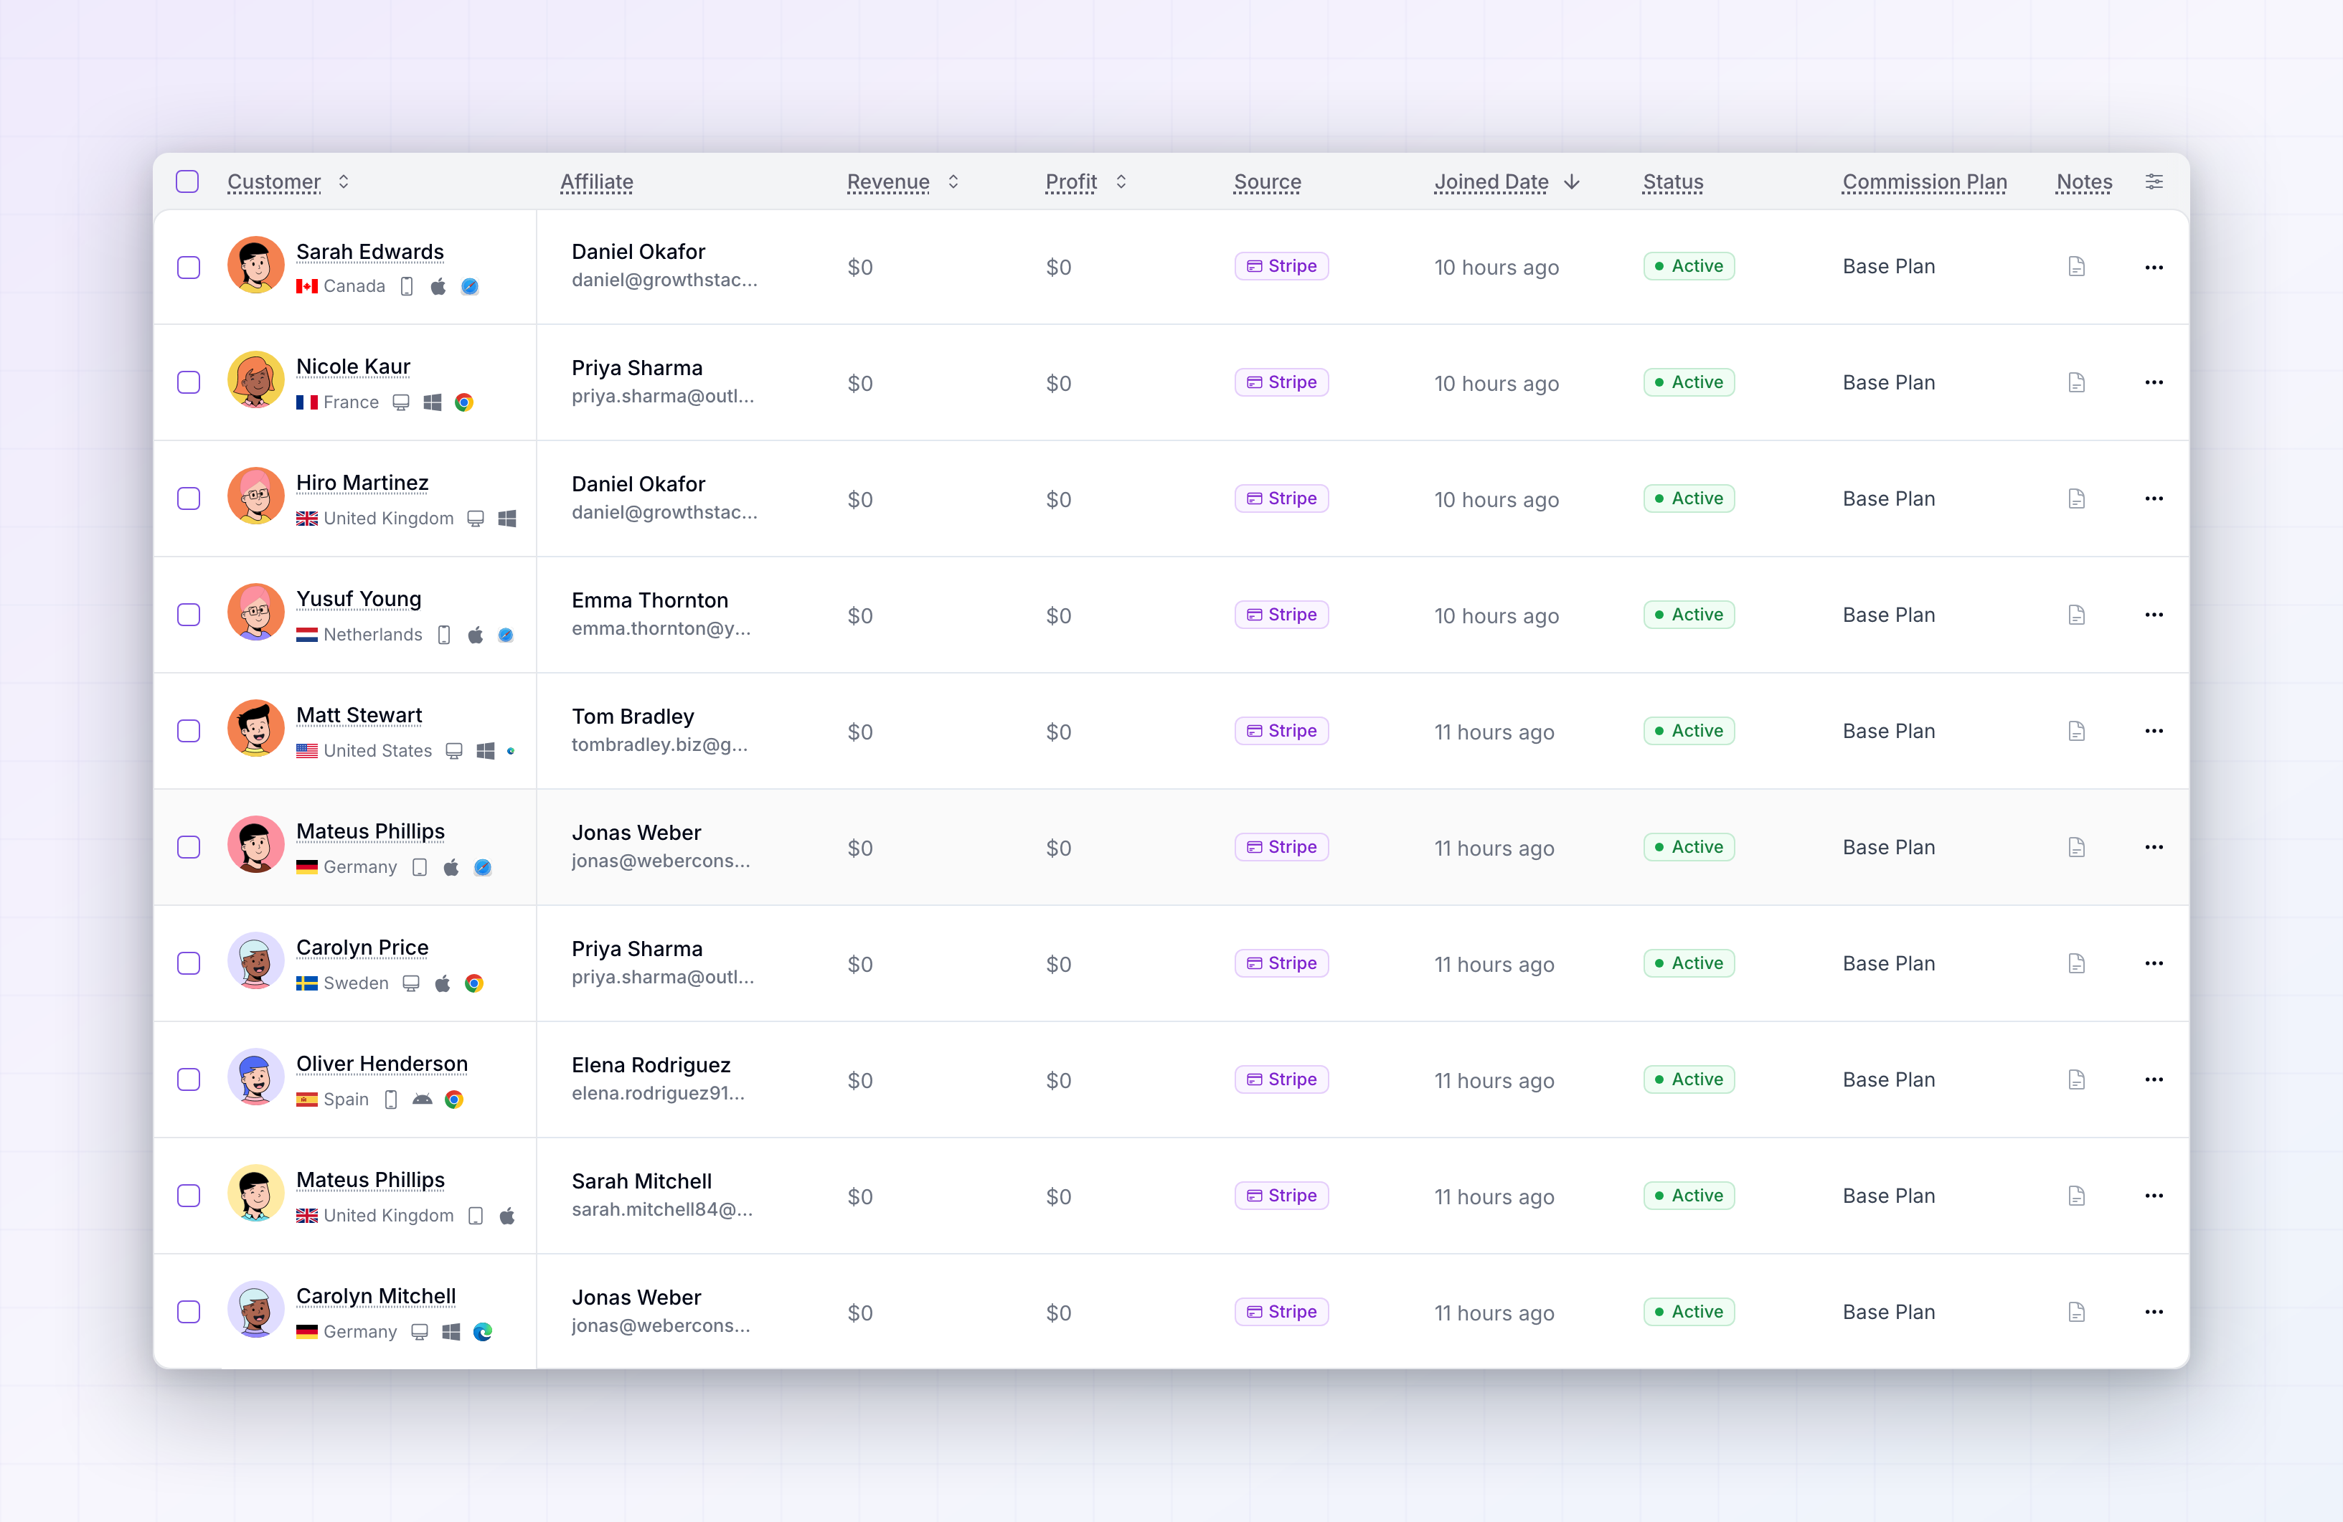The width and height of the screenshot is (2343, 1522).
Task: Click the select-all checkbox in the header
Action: point(187,182)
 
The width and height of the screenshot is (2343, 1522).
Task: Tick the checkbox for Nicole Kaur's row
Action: point(188,383)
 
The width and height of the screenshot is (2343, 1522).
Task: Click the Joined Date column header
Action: point(1491,182)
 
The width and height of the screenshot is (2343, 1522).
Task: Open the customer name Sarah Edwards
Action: point(370,252)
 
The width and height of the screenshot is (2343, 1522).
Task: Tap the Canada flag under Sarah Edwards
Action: point(307,286)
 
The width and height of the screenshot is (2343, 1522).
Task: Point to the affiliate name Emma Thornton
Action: point(650,600)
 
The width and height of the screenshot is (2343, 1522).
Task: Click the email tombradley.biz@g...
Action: point(659,745)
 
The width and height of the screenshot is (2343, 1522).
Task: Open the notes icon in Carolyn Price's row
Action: point(2076,964)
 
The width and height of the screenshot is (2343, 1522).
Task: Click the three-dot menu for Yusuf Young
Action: point(2154,615)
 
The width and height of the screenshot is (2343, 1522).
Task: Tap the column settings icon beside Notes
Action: point(2154,182)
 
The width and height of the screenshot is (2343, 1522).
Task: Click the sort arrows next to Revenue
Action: point(953,182)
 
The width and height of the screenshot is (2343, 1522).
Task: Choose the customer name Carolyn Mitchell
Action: point(376,1297)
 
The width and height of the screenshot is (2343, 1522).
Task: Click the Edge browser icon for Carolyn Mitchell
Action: point(482,1332)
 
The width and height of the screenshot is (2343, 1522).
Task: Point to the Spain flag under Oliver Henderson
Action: point(307,1100)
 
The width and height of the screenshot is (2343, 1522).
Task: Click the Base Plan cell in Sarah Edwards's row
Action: point(1888,267)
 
